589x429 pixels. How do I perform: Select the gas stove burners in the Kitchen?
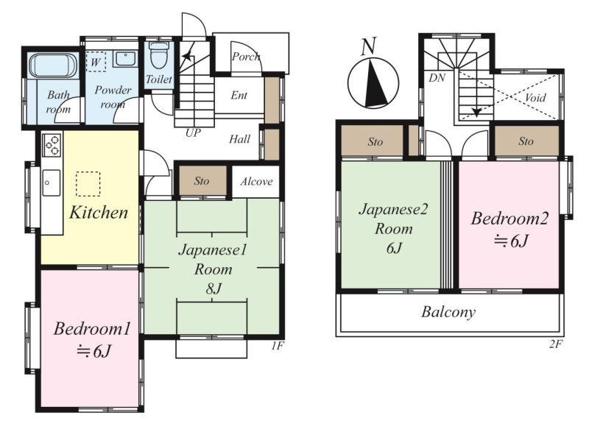pos(52,144)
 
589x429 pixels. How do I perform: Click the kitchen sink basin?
pos(51,182)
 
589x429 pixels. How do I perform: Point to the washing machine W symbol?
pos(96,62)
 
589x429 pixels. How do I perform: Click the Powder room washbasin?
pos(125,59)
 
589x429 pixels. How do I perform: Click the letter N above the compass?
pos(368,46)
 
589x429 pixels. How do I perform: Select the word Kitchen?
pos(99,213)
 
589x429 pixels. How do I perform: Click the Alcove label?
pos(256,182)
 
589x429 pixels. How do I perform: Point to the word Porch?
pos(246,57)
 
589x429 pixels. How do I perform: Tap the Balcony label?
pos(448,312)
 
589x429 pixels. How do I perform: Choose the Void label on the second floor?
pos(535,98)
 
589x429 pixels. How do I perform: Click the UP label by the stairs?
pos(193,132)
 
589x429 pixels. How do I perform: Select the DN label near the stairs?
pos(437,78)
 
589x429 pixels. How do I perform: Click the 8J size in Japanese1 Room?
pos(213,288)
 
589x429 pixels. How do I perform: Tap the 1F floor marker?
pos(278,346)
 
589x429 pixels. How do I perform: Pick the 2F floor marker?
pos(556,344)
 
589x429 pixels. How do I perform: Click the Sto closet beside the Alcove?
pos(202,180)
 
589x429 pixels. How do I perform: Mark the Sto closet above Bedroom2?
pos(526,141)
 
